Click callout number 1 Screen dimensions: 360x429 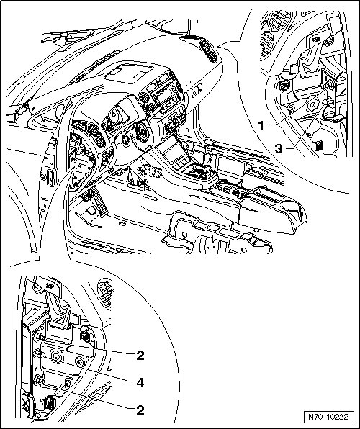click(261, 126)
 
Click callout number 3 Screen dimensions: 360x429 click(279, 149)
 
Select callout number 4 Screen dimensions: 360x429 click(140, 382)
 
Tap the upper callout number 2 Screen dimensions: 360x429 click(140, 356)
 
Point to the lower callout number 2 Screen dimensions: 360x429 click(140, 410)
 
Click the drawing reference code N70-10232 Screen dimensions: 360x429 click(328, 417)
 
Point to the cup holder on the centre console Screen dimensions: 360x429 click(294, 208)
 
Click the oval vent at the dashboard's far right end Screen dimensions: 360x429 click(209, 51)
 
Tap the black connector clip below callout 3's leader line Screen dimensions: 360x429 click(318, 146)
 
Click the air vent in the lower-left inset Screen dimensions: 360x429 click(106, 293)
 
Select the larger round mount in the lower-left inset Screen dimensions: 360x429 click(57, 356)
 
